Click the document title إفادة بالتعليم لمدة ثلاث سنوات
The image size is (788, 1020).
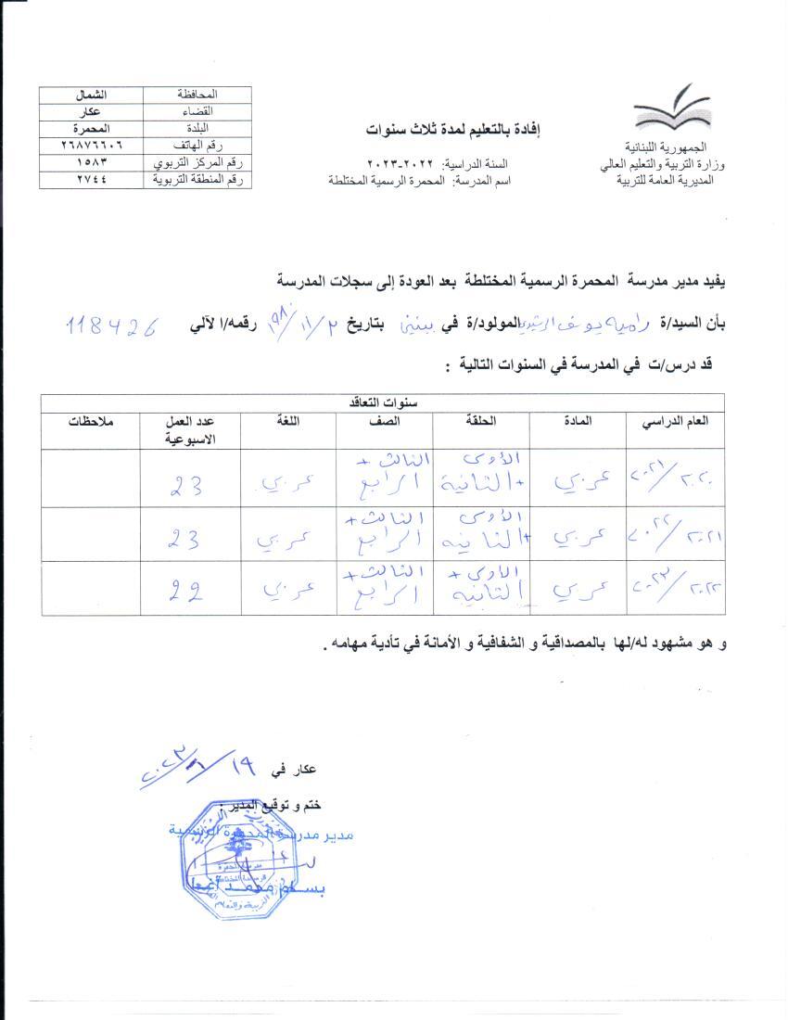450,130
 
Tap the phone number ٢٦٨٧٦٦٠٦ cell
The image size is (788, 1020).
91,147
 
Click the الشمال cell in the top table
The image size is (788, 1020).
91,95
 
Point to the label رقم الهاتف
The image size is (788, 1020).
197,147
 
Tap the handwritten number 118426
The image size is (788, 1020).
115,325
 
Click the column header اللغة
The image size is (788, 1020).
288,421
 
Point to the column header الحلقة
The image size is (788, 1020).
480,421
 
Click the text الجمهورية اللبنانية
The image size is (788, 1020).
666,148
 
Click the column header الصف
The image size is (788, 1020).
385,421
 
